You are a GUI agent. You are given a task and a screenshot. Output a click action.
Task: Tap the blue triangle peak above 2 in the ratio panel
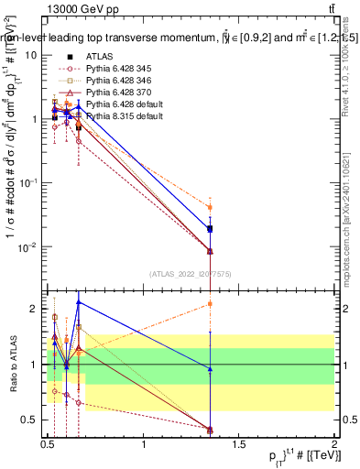coord(79,301)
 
